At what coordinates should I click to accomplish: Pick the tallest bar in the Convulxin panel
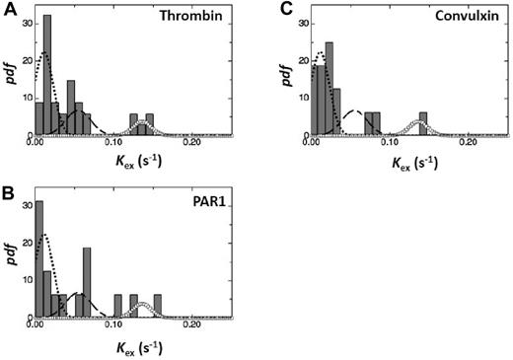(329, 88)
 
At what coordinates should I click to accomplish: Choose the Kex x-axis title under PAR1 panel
(130, 346)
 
